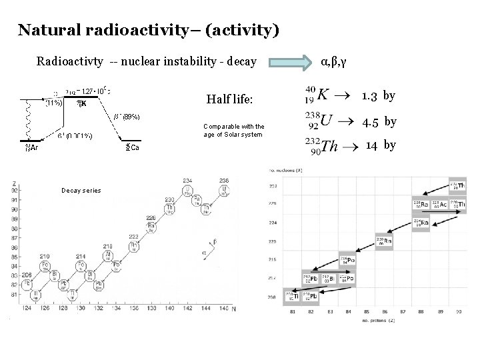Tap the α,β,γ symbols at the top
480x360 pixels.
coord(333,62)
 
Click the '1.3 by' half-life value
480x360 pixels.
coord(379,95)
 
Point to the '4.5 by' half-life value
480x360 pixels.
coord(379,122)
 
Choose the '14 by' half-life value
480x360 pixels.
coord(381,145)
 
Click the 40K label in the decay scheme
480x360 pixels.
coord(79,103)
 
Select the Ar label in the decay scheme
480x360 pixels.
coord(31,147)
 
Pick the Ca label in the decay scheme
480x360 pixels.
coord(131,147)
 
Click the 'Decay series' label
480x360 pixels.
coord(81,190)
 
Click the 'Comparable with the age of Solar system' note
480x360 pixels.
coord(233,130)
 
